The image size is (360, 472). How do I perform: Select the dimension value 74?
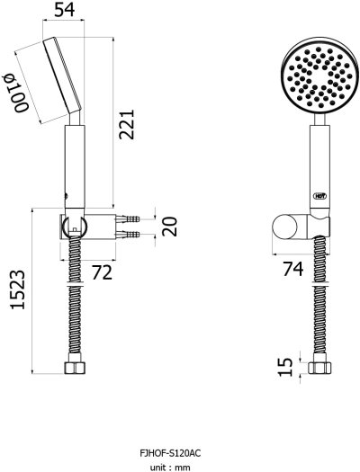[292, 267]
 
